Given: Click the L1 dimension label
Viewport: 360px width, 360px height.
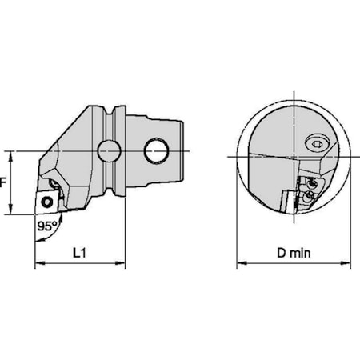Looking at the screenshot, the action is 79,253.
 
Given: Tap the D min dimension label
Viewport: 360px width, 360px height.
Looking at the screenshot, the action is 294,253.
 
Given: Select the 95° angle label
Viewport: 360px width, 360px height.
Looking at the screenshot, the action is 48,226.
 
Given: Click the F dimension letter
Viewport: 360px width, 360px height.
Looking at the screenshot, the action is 2,182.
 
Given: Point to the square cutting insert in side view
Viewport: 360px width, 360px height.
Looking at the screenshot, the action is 47,202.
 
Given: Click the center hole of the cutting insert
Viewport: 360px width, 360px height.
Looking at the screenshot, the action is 47,202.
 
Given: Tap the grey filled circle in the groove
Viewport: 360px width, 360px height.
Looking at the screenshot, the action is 110,151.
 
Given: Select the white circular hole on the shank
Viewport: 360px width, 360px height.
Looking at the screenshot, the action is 157,151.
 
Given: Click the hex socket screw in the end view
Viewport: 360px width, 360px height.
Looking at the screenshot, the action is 317,144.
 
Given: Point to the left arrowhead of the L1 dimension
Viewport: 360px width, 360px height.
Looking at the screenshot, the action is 39,263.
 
